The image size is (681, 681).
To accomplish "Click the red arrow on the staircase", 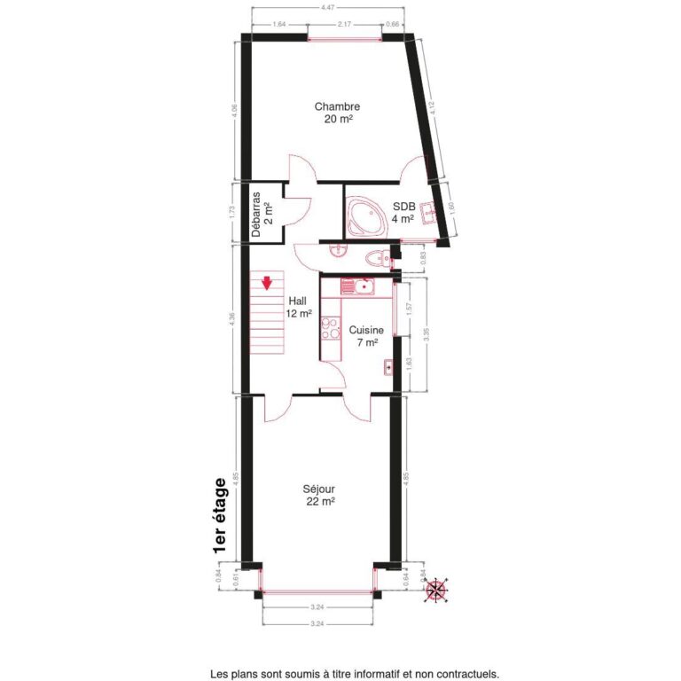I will click(266, 284).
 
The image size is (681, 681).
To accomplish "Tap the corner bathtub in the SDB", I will click(364, 215).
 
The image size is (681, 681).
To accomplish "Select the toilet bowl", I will click(378, 259).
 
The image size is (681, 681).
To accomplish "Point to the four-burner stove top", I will click(330, 329).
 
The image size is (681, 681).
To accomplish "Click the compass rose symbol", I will click(436, 589).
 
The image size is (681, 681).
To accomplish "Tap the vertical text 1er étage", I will click(220, 518).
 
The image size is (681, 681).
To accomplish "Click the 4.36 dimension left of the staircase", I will click(232, 319).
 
